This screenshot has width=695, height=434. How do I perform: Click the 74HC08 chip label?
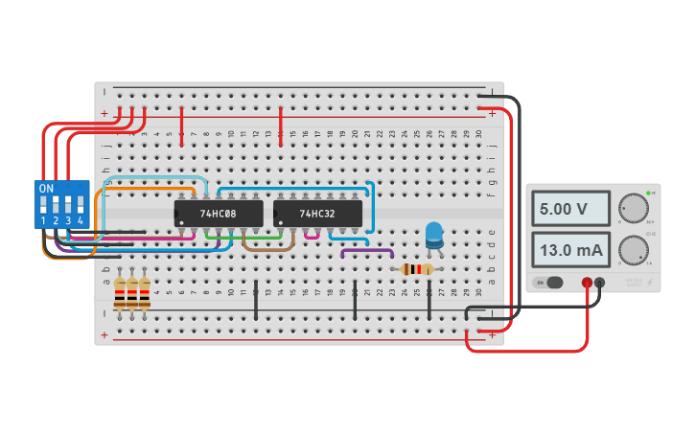tap(218, 214)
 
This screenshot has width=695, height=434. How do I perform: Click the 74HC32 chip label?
tap(317, 214)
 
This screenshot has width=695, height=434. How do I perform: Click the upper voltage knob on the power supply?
tap(633, 207)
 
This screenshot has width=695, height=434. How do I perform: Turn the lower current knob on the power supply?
tap(633, 250)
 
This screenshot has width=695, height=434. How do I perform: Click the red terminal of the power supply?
tap(587, 283)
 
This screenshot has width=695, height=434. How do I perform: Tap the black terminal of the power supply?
tap(600, 283)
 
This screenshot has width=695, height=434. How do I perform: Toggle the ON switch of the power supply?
tap(553, 283)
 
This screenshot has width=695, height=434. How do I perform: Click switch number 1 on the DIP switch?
tap(44, 204)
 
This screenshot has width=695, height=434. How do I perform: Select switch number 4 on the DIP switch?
tap(81, 204)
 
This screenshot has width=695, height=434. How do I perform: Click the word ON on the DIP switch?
tap(46, 189)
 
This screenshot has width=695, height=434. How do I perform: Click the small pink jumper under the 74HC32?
tap(312, 236)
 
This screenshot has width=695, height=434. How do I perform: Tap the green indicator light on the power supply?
tap(649, 194)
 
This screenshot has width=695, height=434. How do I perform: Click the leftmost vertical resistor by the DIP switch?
tap(120, 292)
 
